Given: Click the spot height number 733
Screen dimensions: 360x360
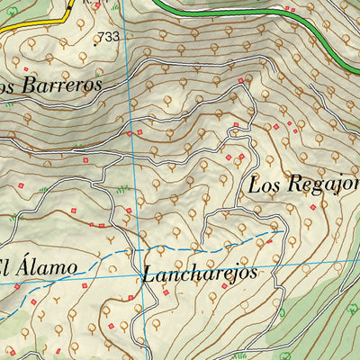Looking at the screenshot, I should tap(108, 37).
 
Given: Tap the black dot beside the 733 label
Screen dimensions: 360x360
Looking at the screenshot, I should tap(94, 37).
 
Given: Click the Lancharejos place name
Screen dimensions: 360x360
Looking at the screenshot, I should tap(200, 273).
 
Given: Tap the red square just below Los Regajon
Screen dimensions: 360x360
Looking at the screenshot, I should tap(313, 207).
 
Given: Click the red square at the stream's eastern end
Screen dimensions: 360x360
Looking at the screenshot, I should tap(270, 240).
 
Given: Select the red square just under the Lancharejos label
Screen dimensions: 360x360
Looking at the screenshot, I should tap(224, 287).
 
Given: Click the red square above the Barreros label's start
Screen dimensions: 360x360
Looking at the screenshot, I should tap(26, 69).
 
